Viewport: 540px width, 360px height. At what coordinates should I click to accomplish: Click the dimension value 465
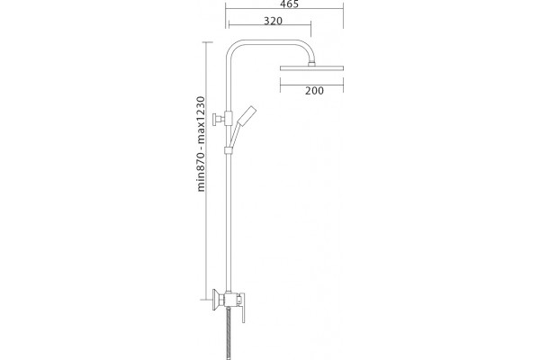(x=289, y=4)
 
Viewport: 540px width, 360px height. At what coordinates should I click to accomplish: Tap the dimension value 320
(x=273, y=21)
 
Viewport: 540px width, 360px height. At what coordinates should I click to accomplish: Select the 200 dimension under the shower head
(x=314, y=91)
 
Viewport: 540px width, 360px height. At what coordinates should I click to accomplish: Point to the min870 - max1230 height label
(x=201, y=144)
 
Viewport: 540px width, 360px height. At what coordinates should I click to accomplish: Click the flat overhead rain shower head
(x=311, y=67)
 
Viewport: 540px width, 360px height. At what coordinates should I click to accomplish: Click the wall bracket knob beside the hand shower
(x=217, y=119)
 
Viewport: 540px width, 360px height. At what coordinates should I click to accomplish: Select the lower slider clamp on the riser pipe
(x=228, y=150)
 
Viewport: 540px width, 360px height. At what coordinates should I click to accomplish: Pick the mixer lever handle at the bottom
(x=243, y=308)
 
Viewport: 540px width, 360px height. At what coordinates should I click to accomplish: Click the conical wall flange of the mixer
(x=218, y=300)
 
